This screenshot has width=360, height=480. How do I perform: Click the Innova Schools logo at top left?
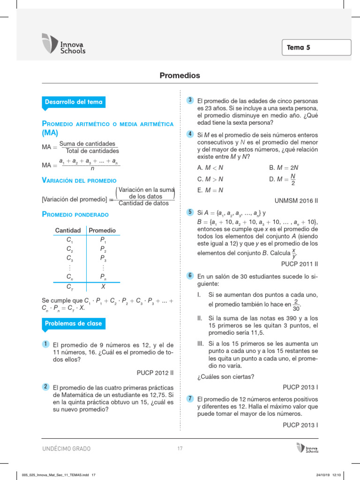[64, 44]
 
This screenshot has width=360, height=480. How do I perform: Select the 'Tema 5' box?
[316, 47]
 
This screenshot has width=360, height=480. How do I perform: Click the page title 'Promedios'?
[180, 75]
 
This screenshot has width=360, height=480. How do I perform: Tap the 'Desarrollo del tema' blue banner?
[73, 102]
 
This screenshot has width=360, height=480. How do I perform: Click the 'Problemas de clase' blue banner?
[73, 323]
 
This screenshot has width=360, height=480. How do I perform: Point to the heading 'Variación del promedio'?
[79, 180]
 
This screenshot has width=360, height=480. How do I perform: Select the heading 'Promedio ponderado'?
[75, 215]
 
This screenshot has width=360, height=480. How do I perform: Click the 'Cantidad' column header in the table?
[68, 231]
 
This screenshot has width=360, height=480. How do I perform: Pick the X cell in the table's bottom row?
[103, 286]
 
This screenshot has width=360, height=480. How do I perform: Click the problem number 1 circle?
[45, 344]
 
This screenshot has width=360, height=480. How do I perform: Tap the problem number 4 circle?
[190, 134]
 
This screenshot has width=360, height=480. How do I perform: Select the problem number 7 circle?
[190, 398]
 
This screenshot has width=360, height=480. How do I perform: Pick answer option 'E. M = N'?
[210, 190]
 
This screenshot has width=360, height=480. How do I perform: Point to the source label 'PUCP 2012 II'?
[155, 373]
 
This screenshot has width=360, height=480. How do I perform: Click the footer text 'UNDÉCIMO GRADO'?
[67, 449]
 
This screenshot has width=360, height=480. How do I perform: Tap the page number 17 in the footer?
[180, 449]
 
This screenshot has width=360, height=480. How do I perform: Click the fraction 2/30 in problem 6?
[296, 305]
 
